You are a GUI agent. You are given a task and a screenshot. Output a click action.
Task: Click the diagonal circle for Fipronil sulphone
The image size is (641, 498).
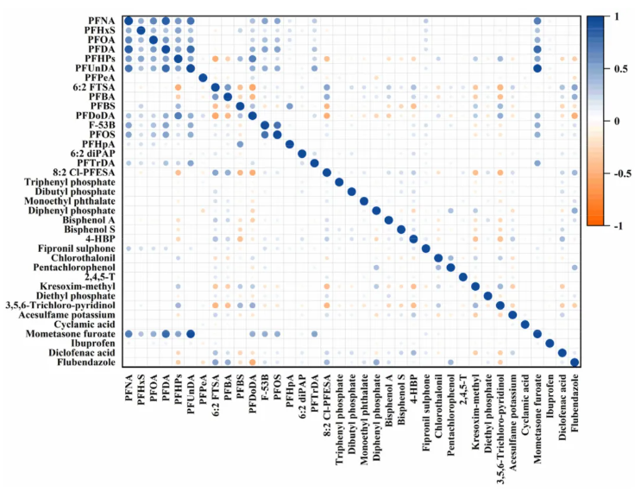[426, 249]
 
